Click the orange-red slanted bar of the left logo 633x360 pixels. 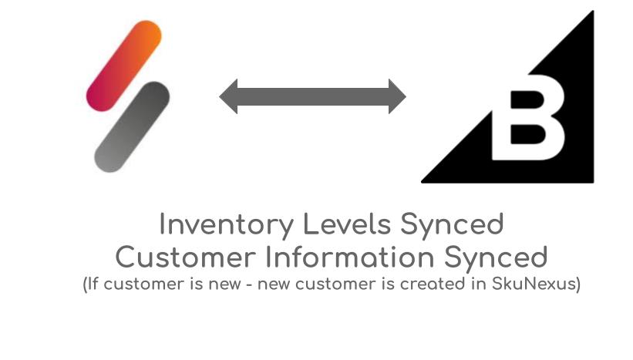tap(124, 66)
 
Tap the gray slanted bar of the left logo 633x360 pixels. tap(132, 126)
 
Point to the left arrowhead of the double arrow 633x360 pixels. tap(228, 96)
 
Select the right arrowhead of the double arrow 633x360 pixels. tap(397, 96)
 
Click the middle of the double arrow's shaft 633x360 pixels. tap(313, 97)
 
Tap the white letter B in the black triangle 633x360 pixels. tap(528, 117)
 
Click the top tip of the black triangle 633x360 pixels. tap(593, 12)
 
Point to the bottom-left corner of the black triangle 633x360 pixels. tap(422, 182)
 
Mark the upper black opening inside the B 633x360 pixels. tap(527, 99)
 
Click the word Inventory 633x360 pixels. tap(227, 224)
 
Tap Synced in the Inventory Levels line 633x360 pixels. tap(452, 224)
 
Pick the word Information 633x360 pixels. tap(349, 257)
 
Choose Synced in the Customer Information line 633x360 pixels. tap(496, 257)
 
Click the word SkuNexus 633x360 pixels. tap(534, 284)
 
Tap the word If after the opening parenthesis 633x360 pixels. tap(93, 284)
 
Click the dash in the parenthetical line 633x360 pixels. tap(249, 285)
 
